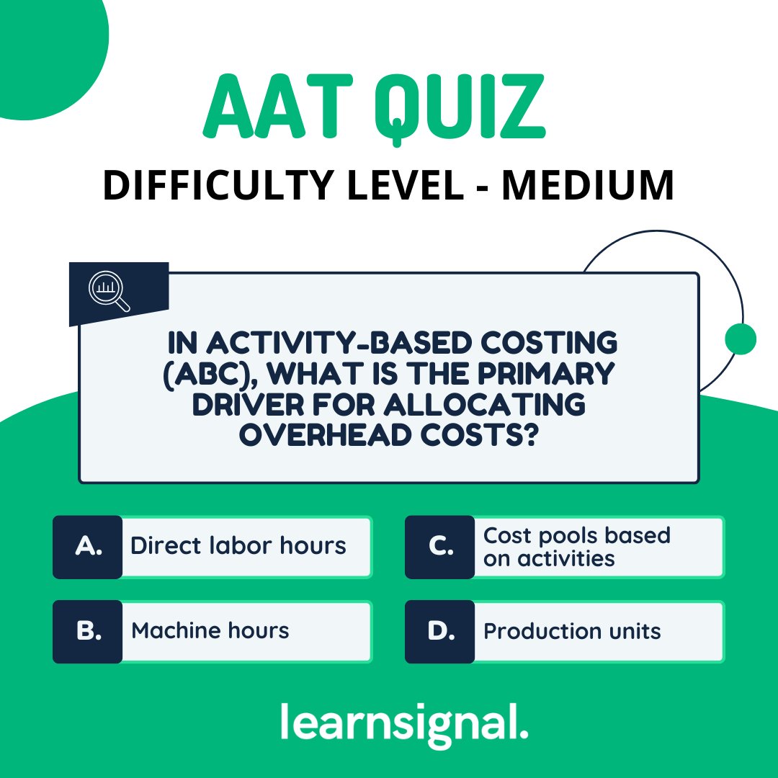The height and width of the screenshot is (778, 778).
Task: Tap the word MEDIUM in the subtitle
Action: click(x=588, y=185)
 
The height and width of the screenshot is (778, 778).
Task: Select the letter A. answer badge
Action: click(x=88, y=547)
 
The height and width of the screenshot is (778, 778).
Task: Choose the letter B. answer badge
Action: click(x=88, y=631)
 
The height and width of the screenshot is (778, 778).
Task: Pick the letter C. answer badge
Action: click(x=439, y=547)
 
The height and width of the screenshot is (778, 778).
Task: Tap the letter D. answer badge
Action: click(x=439, y=631)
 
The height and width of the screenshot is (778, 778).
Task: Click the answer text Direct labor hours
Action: click(x=238, y=546)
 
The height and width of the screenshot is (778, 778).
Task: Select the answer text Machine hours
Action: click(x=210, y=631)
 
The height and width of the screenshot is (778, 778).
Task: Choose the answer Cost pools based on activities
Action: click(x=576, y=547)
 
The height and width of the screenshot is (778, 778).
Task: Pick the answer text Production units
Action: click(x=572, y=632)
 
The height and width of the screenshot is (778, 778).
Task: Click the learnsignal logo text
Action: click(x=404, y=723)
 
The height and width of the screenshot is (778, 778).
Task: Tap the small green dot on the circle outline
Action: click(x=741, y=339)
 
